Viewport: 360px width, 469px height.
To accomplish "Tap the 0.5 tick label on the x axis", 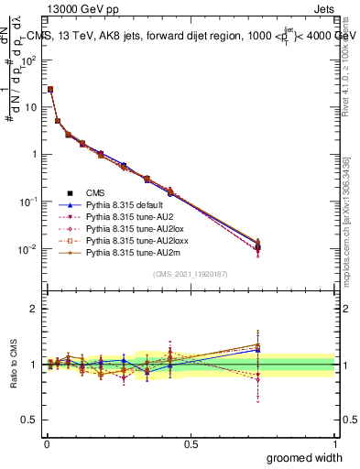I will (191, 443).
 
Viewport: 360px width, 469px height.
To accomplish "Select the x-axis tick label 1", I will (334, 443).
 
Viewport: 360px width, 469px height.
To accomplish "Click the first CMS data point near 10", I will (50, 90).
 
